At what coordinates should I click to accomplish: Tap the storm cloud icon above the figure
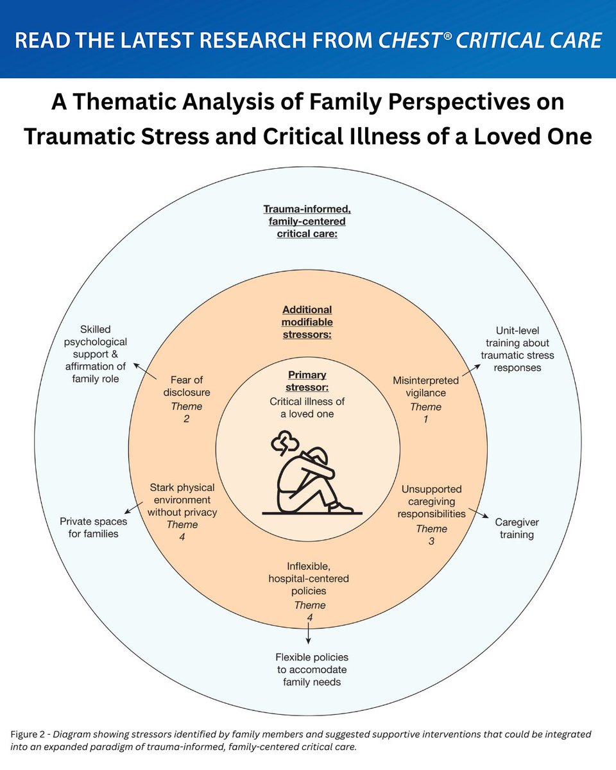point(284,443)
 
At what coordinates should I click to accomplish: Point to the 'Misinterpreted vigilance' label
point(425,387)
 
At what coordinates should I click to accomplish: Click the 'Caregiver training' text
point(516,528)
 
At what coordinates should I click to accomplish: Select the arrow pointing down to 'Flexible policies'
point(309,633)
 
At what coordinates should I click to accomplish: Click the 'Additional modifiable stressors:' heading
point(307,322)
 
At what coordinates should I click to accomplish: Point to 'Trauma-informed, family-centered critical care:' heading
point(307,221)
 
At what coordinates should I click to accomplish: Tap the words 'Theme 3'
point(431,535)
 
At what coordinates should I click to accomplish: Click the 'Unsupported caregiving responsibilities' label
point(431,501)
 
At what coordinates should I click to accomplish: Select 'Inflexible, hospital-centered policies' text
point(308,577)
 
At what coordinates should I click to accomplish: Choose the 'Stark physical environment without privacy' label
point(182,500)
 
